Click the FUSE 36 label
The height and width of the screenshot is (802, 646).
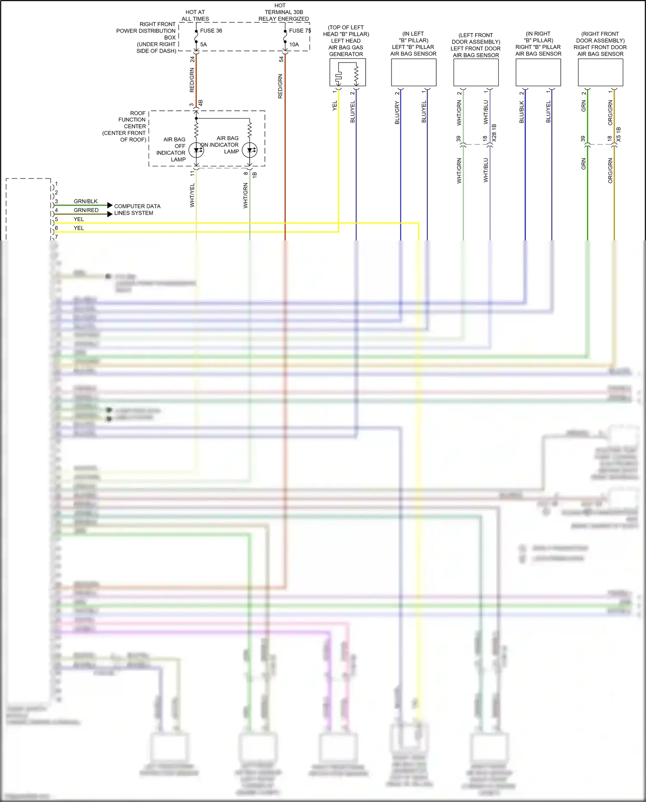211,31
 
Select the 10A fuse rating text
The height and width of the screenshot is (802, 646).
294,44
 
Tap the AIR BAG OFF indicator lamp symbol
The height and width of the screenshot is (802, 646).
196,150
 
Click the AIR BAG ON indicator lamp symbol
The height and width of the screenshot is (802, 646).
250,150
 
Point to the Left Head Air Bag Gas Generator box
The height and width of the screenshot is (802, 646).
348,72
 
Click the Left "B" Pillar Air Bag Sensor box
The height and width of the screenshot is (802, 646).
413,72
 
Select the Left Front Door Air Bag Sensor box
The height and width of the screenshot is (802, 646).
476,72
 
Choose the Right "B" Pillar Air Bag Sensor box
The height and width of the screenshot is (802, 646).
538,72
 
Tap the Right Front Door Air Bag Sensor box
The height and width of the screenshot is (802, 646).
600,72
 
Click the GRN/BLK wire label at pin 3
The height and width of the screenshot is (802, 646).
86,201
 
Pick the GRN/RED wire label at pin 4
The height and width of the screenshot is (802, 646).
86,210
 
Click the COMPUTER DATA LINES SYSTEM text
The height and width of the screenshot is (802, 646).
137,209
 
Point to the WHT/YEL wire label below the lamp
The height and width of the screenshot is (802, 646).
193,195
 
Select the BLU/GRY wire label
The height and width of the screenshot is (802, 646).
397,113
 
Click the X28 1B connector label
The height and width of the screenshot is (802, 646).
494,133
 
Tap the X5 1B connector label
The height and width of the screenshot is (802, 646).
618,134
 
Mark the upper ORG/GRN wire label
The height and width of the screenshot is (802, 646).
610,113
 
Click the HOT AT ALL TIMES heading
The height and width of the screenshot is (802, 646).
195,16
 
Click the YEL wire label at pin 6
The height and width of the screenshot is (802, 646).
79,228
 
